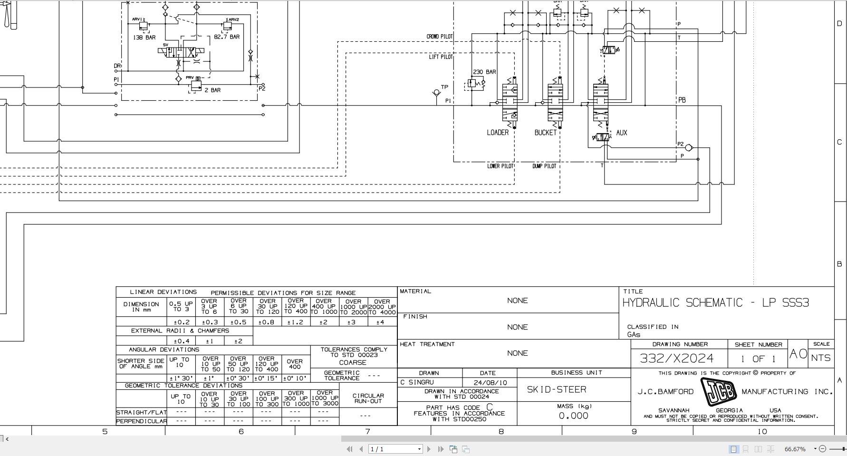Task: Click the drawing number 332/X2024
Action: click(677, 358)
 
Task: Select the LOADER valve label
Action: click(498, 133)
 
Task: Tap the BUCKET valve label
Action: click(545, 133)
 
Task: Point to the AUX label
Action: click(621, 133)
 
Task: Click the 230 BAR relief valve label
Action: click(484, 72)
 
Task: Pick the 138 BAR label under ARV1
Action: click(144, 37)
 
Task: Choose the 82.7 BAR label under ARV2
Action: click(227, 37)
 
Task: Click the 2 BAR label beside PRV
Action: click(212, 90)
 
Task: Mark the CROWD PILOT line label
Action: click(439, 37)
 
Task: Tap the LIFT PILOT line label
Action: click(441, 57)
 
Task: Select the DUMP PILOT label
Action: click(544, 166)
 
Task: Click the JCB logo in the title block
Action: click(718, 392)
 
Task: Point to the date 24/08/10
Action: click(490, 382)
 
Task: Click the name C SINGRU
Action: click(417, 382)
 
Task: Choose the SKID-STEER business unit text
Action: click(556, 389)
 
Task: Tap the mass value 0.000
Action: click(573, 416)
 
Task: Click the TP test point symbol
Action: click(436, 93)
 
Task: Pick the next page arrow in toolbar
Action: click(429, 449)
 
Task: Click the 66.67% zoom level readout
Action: click(795, 449)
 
